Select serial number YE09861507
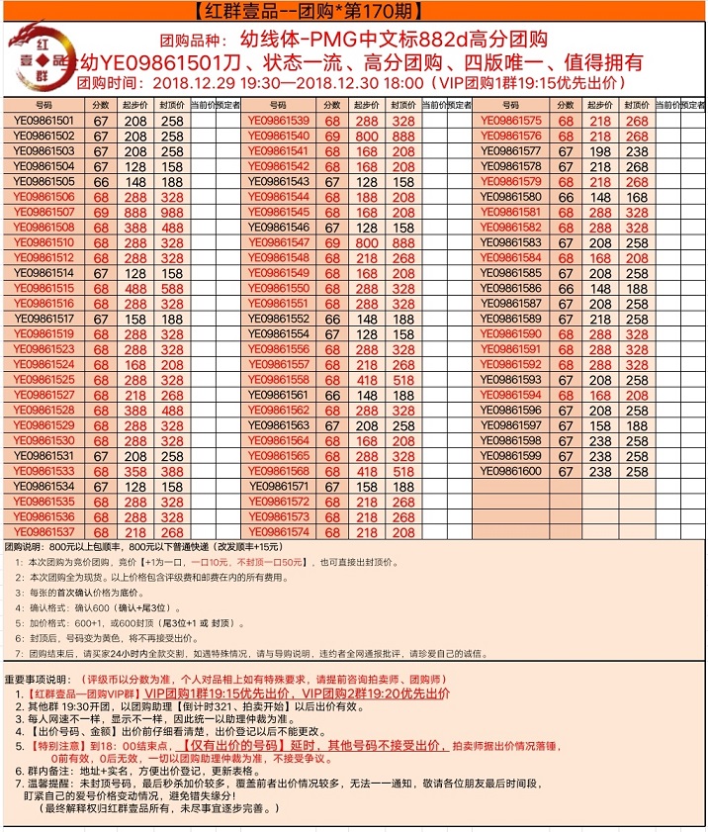click(44, 212)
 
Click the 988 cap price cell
click(172, 212)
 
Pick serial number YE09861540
click(279, 137)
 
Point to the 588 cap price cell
click(172, 288)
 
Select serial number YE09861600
click(511, 472)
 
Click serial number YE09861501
click(44, 121)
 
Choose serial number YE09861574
click(279, 532)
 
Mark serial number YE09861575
click(511, 121)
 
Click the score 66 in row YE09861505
click(101, 182)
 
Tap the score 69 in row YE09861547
click(332, 242)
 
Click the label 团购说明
click(28, 546)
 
